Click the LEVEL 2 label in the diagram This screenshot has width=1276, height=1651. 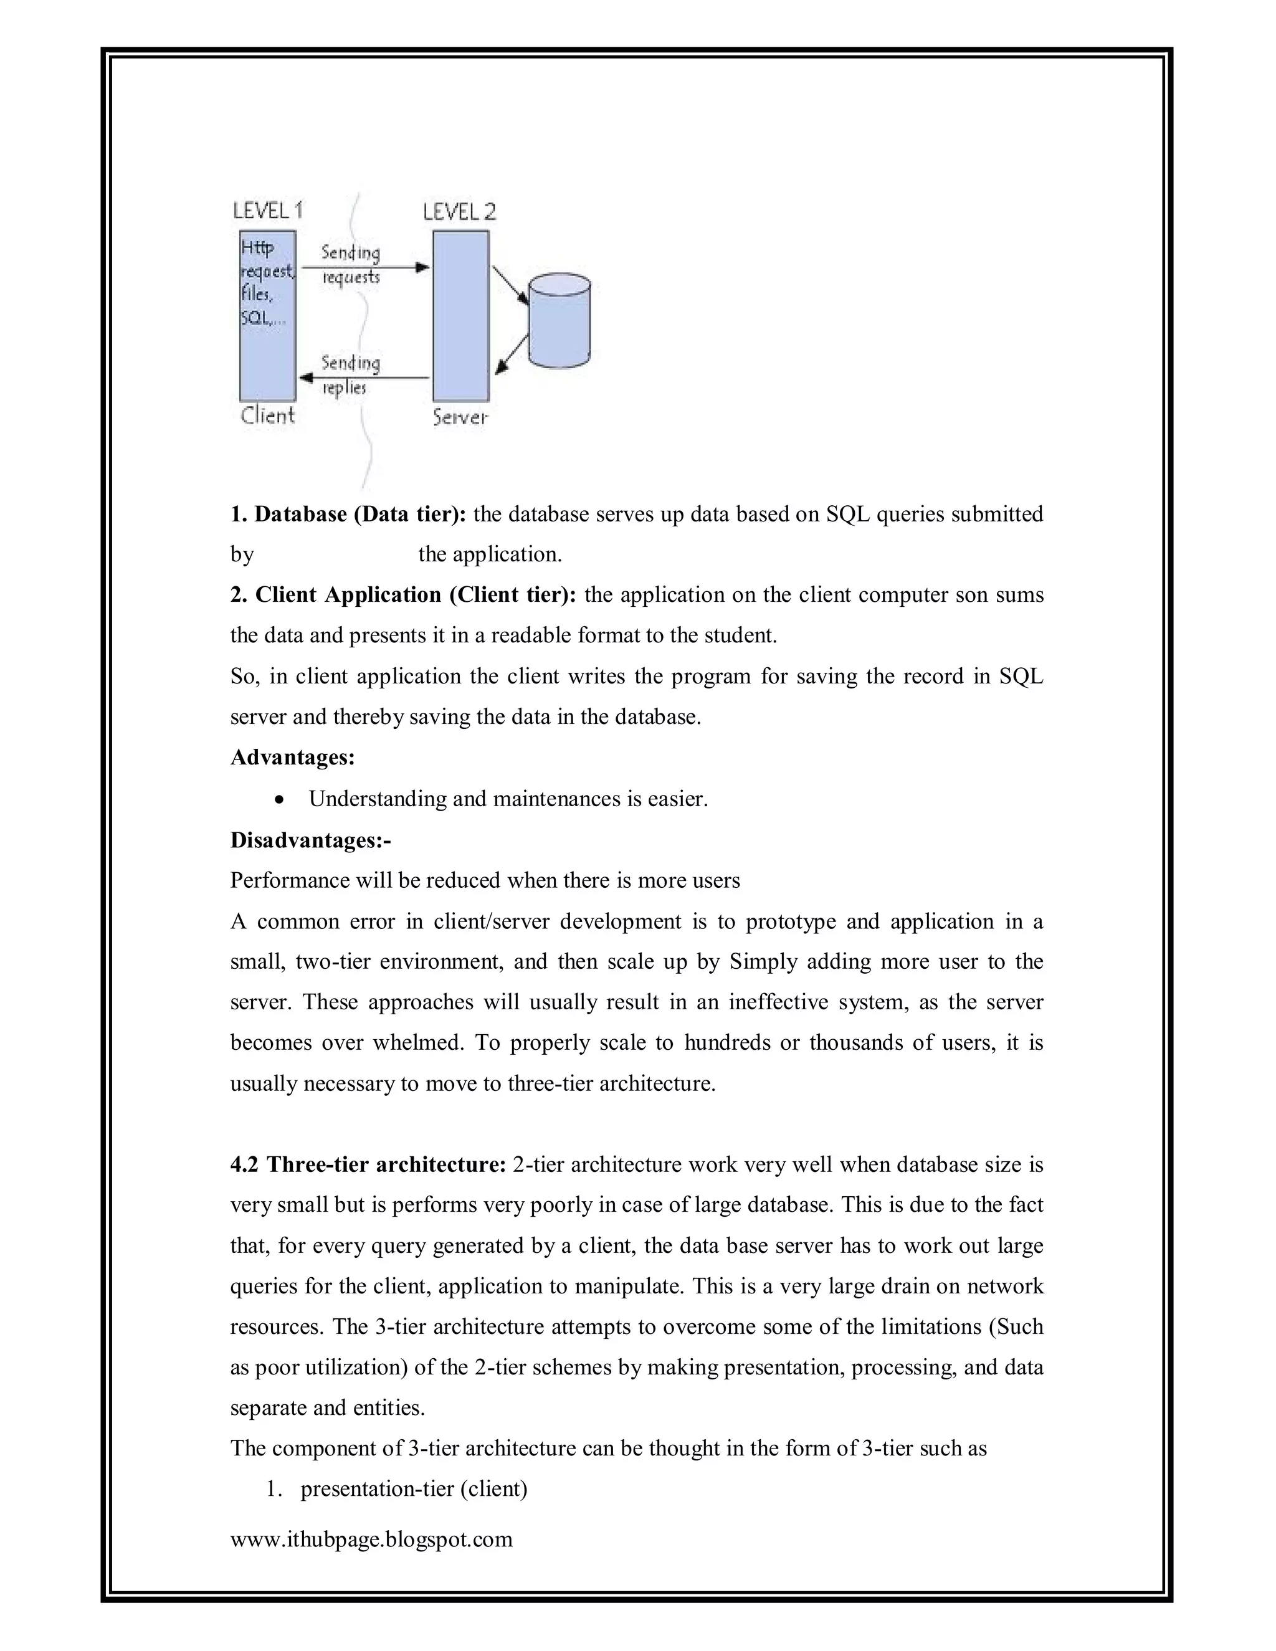[459, 212]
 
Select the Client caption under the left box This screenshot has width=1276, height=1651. [267, 415]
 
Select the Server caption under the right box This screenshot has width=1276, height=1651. [460, 417]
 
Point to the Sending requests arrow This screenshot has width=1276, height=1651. [365, 267]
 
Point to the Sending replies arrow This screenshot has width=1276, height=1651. [365, 376]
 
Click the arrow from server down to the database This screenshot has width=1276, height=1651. [510, 284]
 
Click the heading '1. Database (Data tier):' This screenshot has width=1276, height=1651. [348, 514]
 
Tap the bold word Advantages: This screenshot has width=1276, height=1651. [292, 757]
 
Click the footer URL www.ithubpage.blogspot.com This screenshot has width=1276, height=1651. [371, 1539]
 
